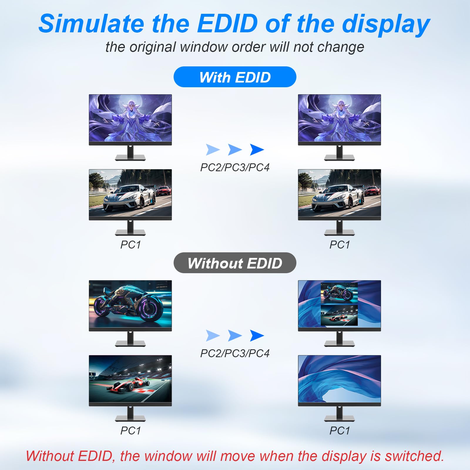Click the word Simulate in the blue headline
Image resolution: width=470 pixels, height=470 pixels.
click(91, 23)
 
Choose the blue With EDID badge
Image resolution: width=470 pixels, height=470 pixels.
click(235, 77)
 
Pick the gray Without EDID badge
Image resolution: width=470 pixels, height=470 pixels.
click(235, 263)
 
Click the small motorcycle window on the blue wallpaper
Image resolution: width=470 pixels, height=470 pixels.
click(339, 293)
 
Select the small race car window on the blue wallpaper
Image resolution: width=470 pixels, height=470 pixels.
click(339, 315)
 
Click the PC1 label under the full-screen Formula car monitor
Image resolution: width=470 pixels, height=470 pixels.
click(130, 431)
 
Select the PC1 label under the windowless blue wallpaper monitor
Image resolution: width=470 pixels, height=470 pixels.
click(340, 431)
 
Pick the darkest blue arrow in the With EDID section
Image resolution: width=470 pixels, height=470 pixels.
click(257, 150)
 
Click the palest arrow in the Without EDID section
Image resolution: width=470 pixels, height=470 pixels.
click(213, 335)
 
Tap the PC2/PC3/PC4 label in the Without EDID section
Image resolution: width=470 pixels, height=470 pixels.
click(235, 353)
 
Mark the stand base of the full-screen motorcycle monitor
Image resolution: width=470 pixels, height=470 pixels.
click(130, 343)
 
